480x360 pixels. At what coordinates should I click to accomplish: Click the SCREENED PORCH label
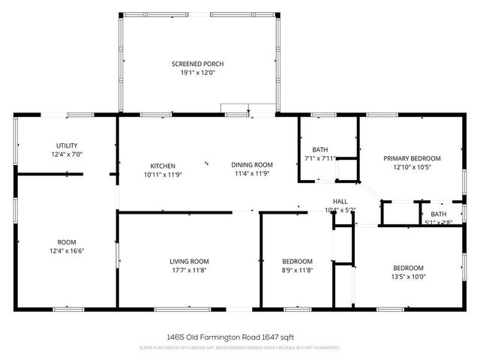pyautogui.click(x=197, y=64)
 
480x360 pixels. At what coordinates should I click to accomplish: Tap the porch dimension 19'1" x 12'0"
pyautogui.click(x=197, y=73)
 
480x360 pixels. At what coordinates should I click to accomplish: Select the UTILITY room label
pyautogui.click(x=67, y=145)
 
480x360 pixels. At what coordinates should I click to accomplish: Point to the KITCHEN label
pyautogui.click(x=163, y=166)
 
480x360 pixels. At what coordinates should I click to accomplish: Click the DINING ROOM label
pyautogui.click(x=251, y=165)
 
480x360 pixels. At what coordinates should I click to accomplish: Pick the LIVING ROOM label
pyautogui.click(x=189, y=261)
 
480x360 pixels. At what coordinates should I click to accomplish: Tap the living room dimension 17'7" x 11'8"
pyautogui.click(x=189, y=270)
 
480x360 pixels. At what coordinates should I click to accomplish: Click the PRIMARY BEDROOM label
pyautogui.click(x=412, y=158)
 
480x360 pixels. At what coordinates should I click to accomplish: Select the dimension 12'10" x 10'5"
pyautogui.click(x=412, y=167)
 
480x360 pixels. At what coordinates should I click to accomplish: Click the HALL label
pyautogui.click(x=340, y=201)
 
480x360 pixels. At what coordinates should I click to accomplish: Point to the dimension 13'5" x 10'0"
pyautogui.click(x=408, y=277)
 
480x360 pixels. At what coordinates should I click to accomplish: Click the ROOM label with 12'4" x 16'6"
pyautogui.click(x=67, y=242)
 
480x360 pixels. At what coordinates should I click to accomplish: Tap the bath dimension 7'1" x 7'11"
pyautogui.click(x=321, y=158)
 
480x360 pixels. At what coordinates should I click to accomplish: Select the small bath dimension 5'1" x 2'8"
pyautogui.click(x=438, y=222)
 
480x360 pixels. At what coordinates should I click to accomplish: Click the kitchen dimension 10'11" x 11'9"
pyautogui.click(x=163, y=174)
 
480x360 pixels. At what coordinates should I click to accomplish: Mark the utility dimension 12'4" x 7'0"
pyautogui.click(x=67, y=154)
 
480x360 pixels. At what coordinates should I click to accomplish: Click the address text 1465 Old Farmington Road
pyautogui.click(x=218, y=337)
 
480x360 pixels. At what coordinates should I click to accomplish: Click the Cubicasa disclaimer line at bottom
pyautogui.click(x=240, y=348)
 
